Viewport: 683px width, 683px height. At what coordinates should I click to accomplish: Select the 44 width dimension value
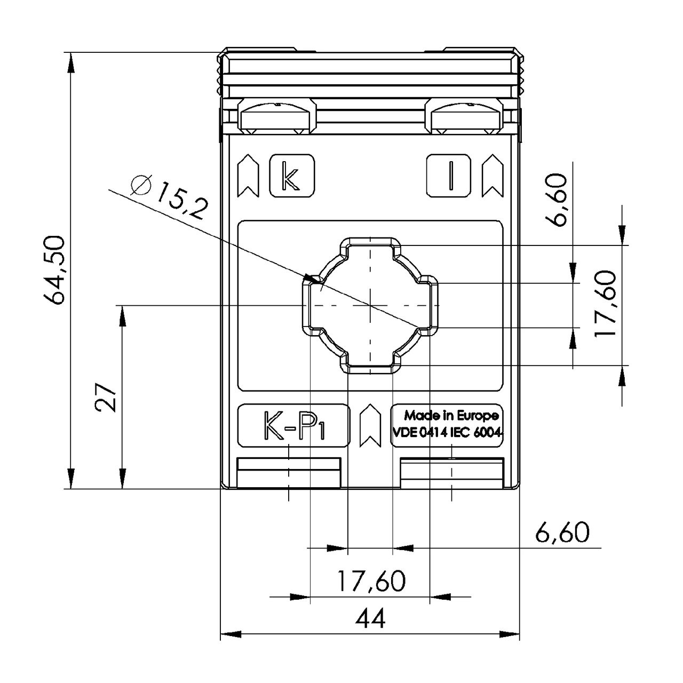coord(370,619)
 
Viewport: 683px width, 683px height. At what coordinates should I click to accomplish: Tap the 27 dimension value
coord(106,398)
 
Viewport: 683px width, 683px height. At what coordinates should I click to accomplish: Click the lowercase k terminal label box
coord(292,176)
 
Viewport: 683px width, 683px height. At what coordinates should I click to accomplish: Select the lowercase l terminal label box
coord(449,176)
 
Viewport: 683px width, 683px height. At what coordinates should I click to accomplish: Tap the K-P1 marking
coord(294,425)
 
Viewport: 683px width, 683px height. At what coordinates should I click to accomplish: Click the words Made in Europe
coord(451,415)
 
